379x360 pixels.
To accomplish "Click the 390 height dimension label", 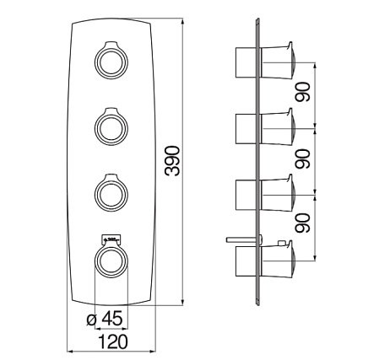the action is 172,161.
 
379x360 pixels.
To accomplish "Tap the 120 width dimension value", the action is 113,341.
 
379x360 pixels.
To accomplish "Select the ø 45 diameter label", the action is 105,319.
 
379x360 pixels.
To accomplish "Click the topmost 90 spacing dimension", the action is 302,92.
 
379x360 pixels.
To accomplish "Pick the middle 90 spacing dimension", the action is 302,159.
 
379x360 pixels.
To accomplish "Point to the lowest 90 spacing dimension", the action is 302,223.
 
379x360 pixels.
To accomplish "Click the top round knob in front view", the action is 111,62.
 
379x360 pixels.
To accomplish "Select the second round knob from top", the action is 111,128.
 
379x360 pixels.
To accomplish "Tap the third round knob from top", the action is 111,194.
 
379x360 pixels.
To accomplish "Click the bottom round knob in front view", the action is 111,261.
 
